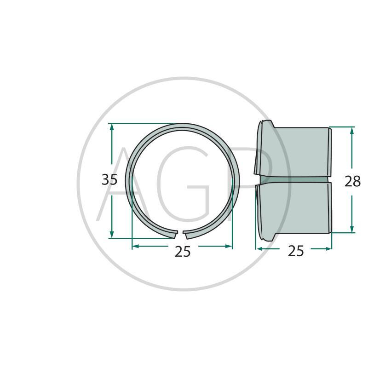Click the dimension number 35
109,180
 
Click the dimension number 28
352,181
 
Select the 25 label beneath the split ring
183,252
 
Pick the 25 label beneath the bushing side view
295,251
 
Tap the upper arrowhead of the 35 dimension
112,127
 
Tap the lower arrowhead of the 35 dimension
112,234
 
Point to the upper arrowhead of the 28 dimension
351,130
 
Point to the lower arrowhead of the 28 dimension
351,229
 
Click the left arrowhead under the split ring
136,246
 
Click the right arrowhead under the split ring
229,246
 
